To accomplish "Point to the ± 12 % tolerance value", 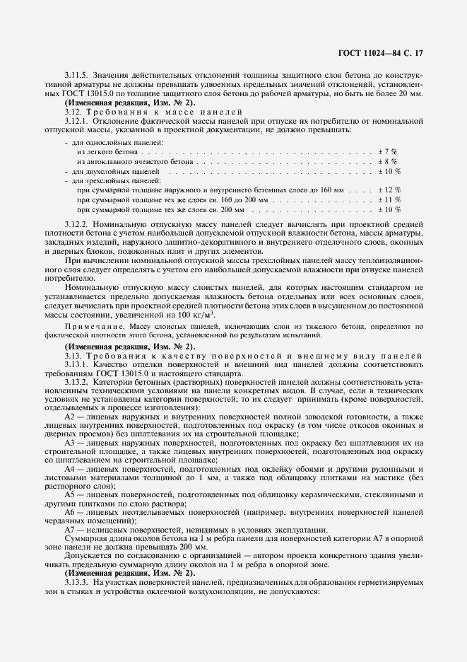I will pos(389,190).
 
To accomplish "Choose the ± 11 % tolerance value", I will pos(389,200).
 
